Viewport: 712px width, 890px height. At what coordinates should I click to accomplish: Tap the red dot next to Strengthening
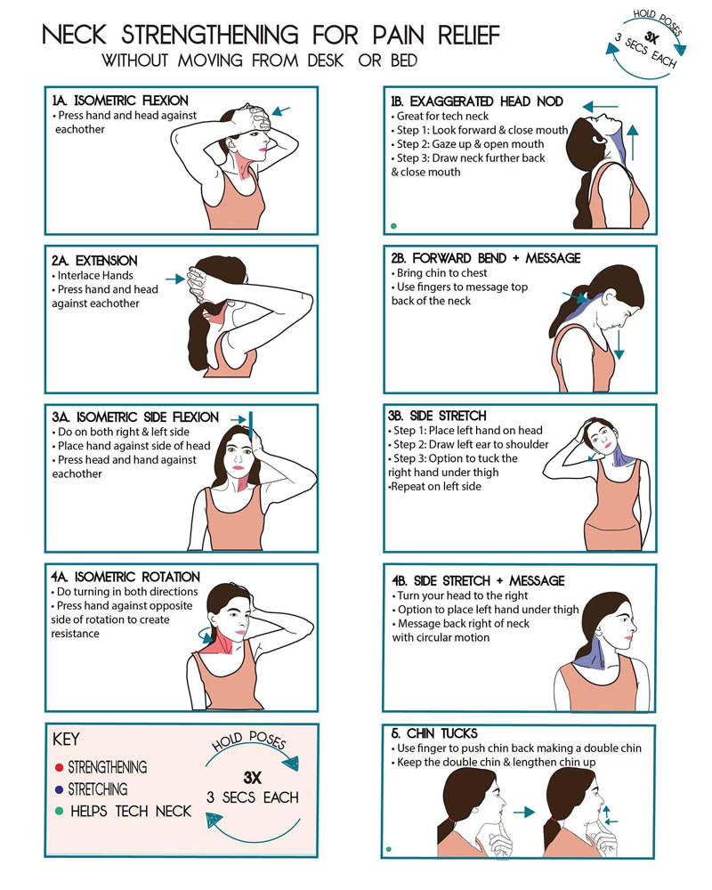coord(58,766)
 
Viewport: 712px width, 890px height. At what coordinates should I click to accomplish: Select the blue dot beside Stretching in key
coord(58,789)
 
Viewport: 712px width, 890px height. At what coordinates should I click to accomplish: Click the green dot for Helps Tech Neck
coord(58,811)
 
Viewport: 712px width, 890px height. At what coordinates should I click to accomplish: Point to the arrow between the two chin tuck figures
coord(523,812)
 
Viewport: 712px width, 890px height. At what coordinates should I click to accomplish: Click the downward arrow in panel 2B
coord(619,343)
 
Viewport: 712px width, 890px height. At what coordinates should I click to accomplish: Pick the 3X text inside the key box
coord(251,776)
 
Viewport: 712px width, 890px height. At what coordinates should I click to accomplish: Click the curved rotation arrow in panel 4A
coord(206,635)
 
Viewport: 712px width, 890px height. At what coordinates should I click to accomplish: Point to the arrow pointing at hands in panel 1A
coord(281,111)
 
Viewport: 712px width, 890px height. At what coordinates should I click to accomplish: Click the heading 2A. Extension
coord(94,261)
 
